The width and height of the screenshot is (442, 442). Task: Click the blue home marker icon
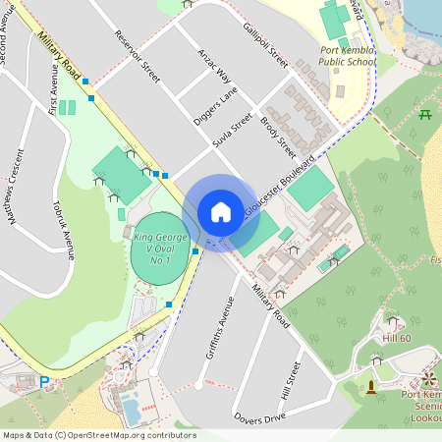pyautogui.click(x=221, y=211)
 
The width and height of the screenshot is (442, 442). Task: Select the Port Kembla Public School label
pyautogui.click(x=349, y=55)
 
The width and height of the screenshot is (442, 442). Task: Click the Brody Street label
pyautogui.click(x=278, y=138)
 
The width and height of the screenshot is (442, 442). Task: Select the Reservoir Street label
pyautogui.click(x=137, y=55)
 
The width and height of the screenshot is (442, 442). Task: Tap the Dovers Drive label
pyautogui.click(x=259, y=418)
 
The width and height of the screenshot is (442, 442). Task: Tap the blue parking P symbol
pyautogui.click(x=44, y=381)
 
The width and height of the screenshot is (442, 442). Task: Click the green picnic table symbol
pyautogui.click(x=425, y=115)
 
